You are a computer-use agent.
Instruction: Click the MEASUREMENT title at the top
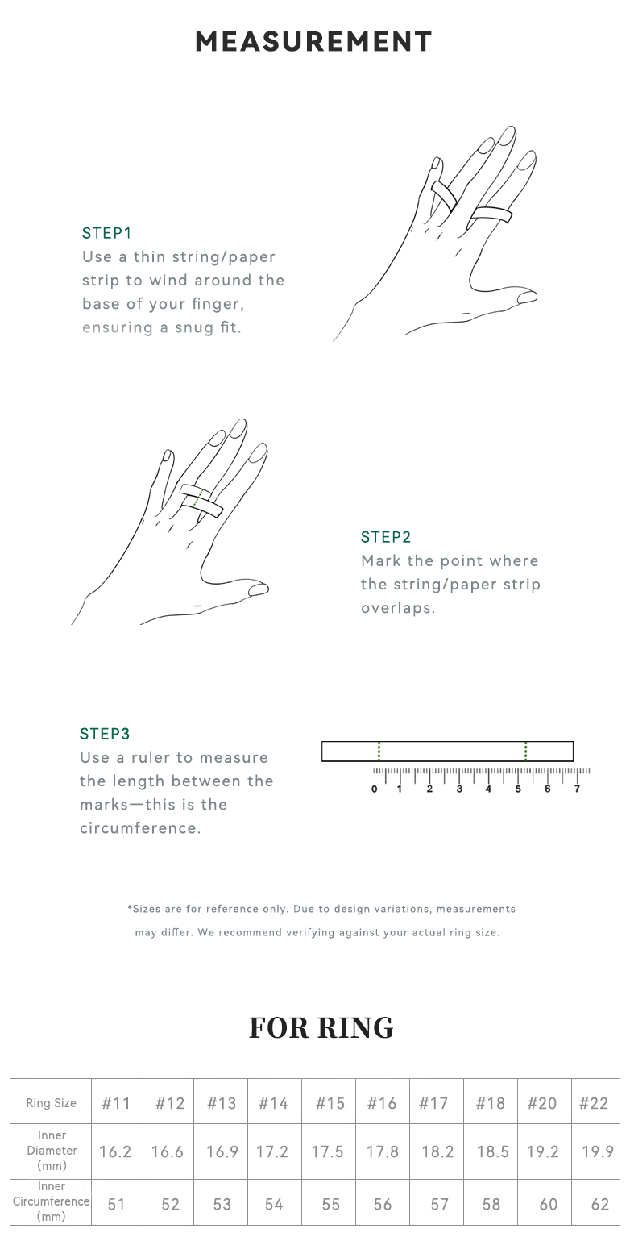314,42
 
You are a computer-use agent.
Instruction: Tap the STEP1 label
107,233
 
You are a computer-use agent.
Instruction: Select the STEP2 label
386,537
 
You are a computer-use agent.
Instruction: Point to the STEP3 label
105,734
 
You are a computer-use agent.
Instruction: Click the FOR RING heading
321,1027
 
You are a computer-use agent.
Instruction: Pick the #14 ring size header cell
273,1103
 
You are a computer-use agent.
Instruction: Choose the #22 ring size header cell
594,1103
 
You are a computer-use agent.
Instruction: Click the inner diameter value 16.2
115,1151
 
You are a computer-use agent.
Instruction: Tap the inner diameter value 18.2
437,1151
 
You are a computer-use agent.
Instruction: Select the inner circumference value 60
549,1204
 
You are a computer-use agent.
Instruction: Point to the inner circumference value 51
116,1204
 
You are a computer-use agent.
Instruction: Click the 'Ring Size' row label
51,1103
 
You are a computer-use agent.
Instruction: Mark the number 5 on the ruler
518,789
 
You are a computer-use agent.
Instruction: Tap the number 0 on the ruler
375,789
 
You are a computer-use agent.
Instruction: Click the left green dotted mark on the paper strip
379,752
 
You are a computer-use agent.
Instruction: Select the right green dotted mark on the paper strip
525,752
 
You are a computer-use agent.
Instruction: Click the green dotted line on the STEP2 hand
200,498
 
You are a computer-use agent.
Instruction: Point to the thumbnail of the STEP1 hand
527,298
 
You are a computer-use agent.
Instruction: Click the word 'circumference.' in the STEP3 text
140,828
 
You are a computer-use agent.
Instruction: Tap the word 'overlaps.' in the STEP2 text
398,608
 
